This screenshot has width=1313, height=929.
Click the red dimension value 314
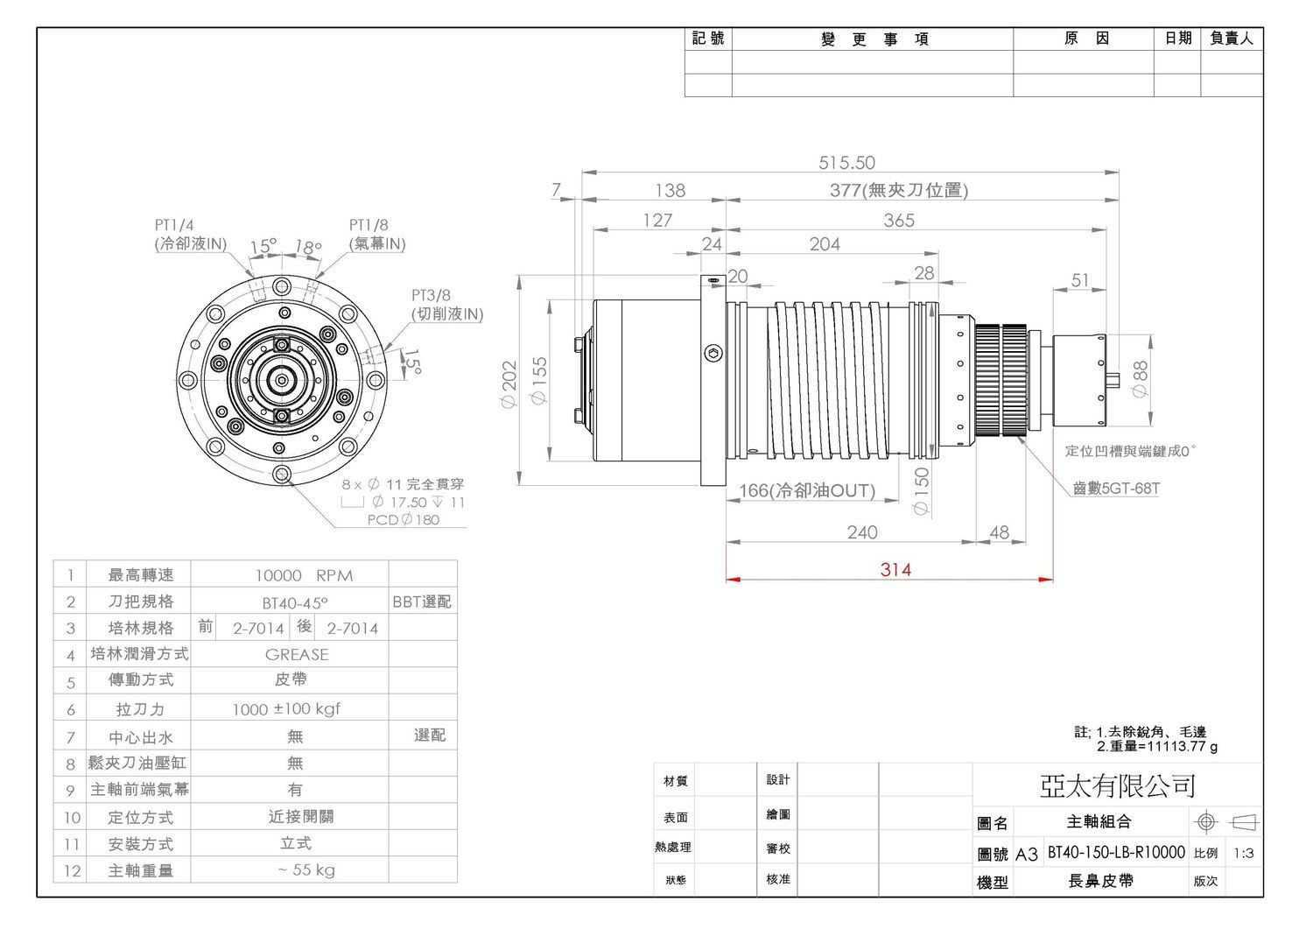(x=895, y=569)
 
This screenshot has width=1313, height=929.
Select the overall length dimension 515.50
(x=846, y=163)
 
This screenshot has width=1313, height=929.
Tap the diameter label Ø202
(x=509, y=384)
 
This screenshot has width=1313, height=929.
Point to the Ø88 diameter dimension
(x=1140, y=379)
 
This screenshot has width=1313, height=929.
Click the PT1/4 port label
(x=174, y=225)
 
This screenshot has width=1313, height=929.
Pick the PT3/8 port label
(x=431, y=295)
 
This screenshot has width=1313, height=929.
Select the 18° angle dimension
(x=308, y=247)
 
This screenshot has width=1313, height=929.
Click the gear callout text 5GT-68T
(x=1116, y=488)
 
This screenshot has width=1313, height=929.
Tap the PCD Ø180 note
(x=404, y=519)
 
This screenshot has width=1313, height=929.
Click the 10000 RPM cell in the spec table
(x=305, y=575)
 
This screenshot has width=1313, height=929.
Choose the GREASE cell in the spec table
(x=297, y=655)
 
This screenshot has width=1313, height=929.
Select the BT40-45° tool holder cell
(x=295, y=602)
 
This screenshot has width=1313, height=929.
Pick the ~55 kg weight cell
(x=306, y=869)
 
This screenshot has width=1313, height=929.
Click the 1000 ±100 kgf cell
(x=286, y=709)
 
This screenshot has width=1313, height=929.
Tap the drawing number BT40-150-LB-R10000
(x=1116, y=852)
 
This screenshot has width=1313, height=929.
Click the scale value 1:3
(x=1244, y=853)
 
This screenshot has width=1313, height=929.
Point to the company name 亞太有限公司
(x=1117, y=786)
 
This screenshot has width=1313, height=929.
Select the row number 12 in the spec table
(x=72, y=871)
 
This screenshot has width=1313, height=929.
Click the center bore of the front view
(x=282, y=380)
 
